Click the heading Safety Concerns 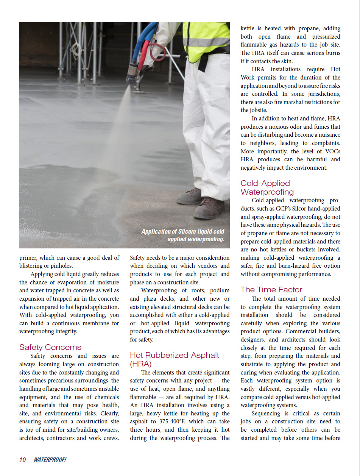click(x=50, y=347)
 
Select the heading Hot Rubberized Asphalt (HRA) click(x=175, y=359)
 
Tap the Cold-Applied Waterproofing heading click(x=267, y=187)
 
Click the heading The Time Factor click(x=271, y=290)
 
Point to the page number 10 click(x=23, y=459)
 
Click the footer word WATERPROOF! click(x=50, y=459)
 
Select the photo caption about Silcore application click(x=183, y=235)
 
